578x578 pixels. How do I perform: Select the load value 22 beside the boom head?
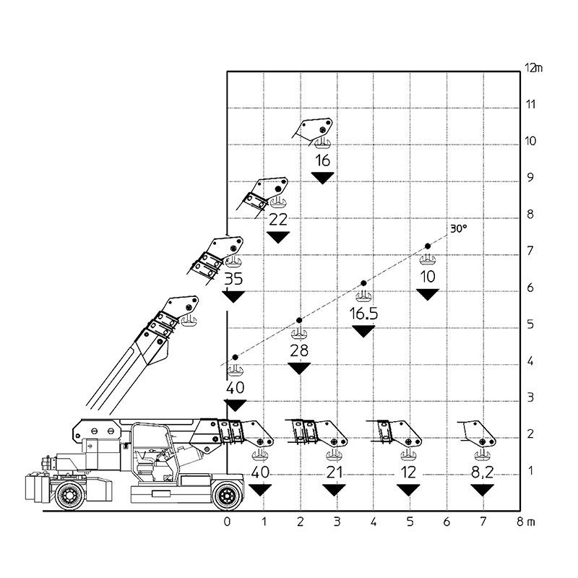[278, 220]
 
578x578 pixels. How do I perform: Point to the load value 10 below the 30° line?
[429, 276]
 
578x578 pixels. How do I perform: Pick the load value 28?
[299, 350]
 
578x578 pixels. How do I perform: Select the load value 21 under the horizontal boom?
[333, 472]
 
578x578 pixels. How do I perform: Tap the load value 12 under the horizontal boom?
[409, 472]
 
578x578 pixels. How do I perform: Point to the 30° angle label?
[457, 229]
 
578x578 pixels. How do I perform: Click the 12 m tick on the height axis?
[532, 67]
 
